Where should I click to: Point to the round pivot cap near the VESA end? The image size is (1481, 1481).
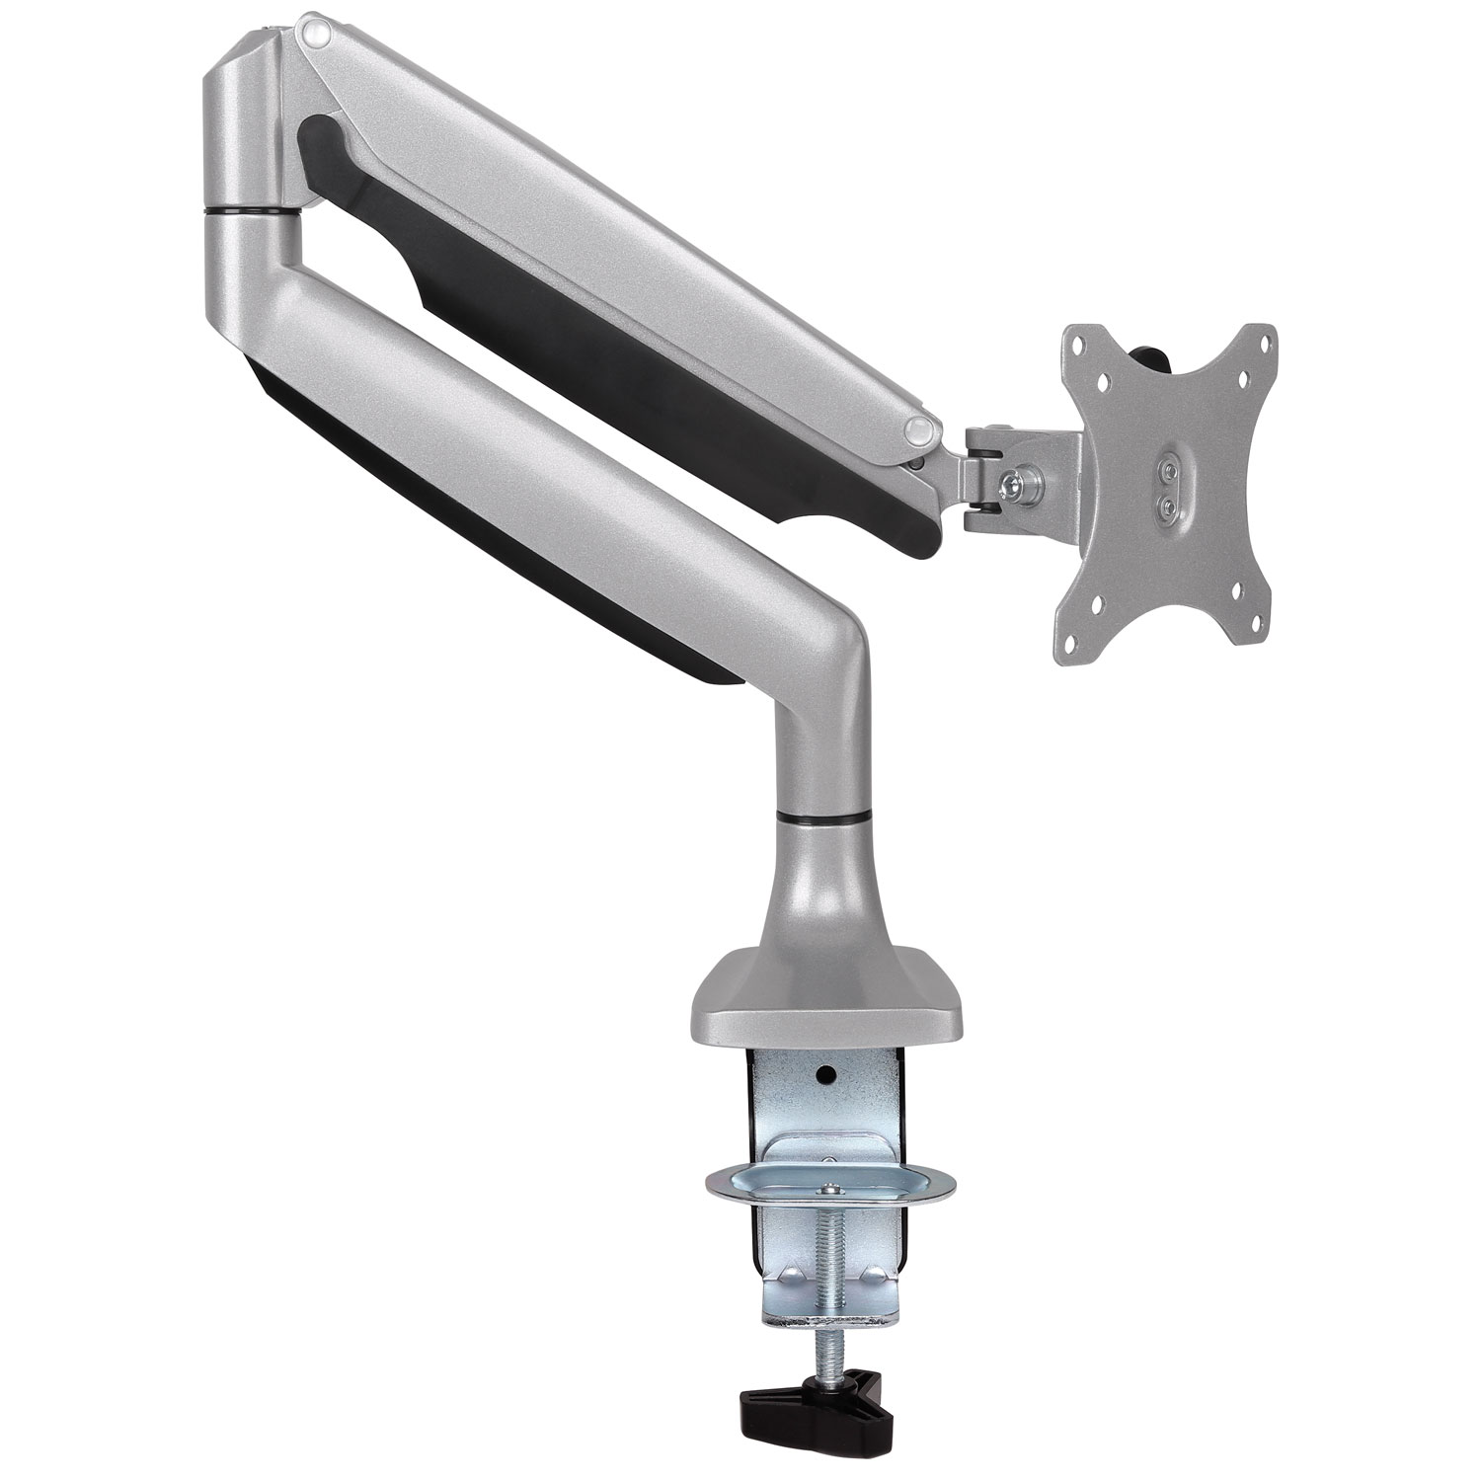pyautogui.click(x=918, y=428)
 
